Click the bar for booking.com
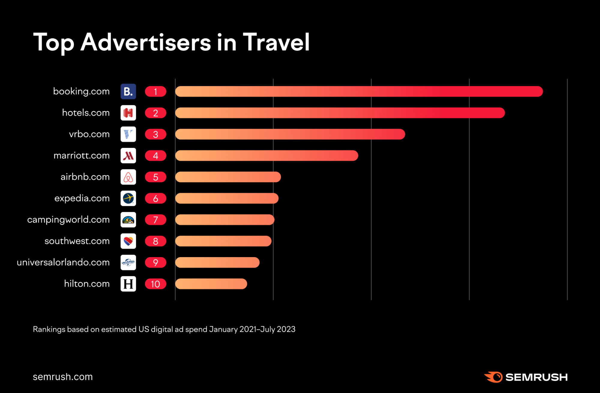click(x=359, y=91)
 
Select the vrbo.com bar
click(x=290, y=134)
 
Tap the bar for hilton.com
click(x=211, y=284)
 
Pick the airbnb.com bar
click(x=228, y=177)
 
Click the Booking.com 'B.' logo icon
click(x=128, y=91)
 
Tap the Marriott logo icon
click(x=128, y=156)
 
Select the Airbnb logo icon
click(x=128, y=177)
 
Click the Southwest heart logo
click(x=128, y=241)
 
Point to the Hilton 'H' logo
click(x=128, y=284)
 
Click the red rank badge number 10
click(x=155, y=284)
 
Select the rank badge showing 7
click(x=155, y=220)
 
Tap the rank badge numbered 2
click(x=155, y=113)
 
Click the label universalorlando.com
click(x=63, y=262)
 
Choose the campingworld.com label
click(x=68, y=220)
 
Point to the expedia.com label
click(x=82, y=198)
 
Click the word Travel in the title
click(x=276, y=42)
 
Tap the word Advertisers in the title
click(x=146, y=42)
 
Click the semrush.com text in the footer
click(x=63, y=377)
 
